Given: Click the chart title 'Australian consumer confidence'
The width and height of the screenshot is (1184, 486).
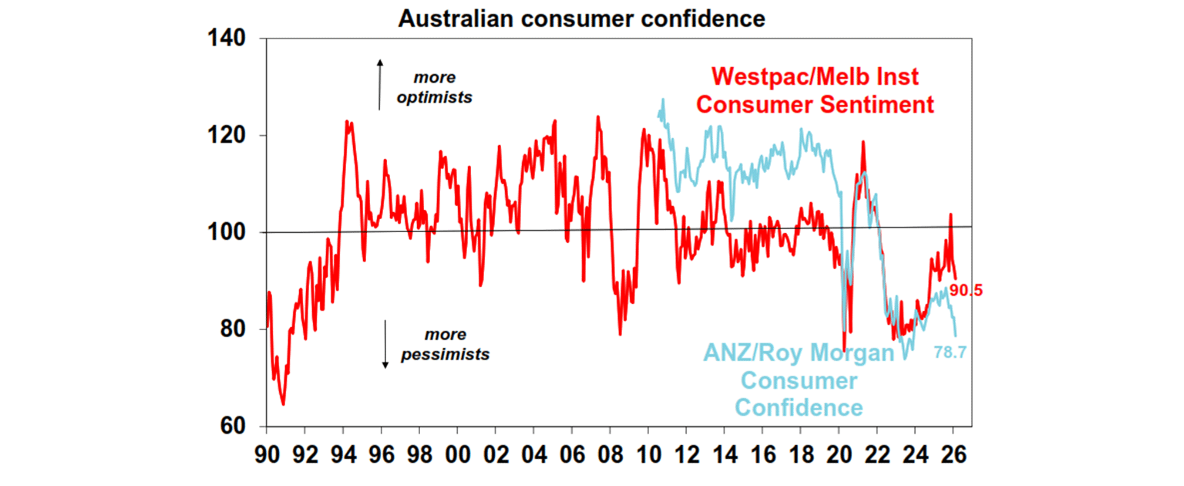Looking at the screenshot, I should [x=581, y=19].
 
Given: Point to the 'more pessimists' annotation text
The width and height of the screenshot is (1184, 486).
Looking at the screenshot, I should [x=445, y=345].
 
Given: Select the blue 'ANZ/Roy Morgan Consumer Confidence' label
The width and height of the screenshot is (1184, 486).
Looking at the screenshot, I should [x=798, y=380].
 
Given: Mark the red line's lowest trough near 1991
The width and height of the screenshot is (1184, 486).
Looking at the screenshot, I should [x=283, y=403].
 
